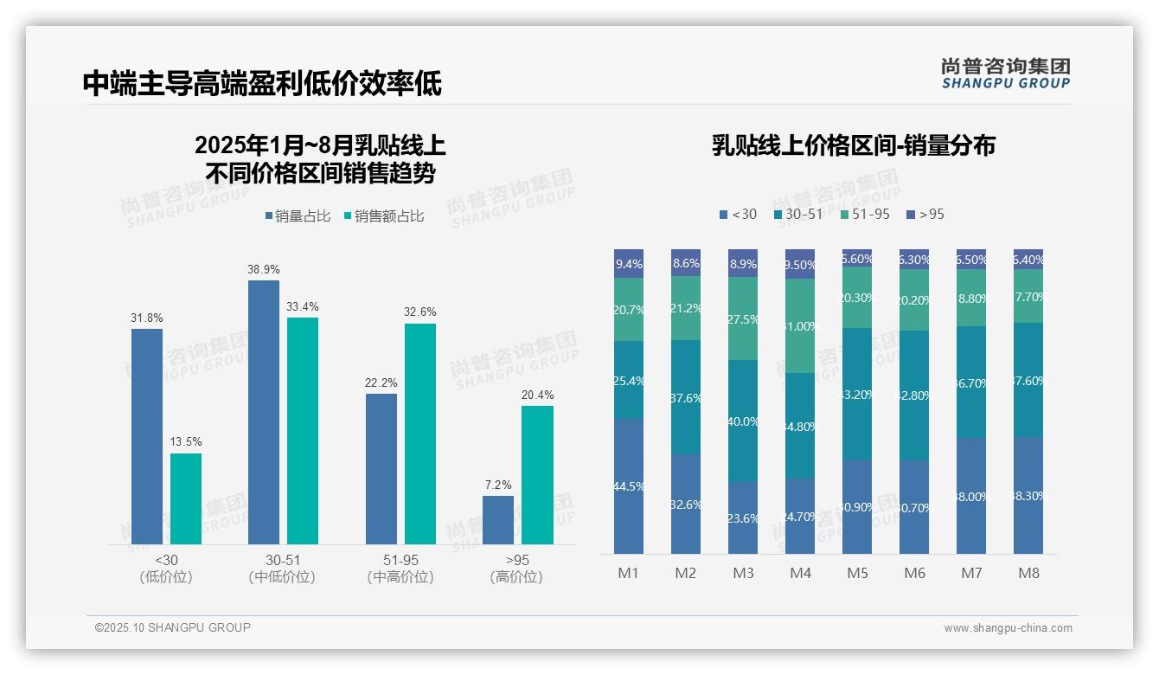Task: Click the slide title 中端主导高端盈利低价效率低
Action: (x=262, y=83)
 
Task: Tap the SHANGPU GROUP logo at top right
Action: (x=1005, y=74)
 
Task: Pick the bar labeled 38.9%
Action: (x=264, y=411)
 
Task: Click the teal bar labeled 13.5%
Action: (x=186, y=498)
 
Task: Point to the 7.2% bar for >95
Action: (x=497, y=519)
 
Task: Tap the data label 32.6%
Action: (x=419, y=312)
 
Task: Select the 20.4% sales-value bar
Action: (x=537, y=474)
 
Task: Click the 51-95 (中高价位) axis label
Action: (x=400, y=569)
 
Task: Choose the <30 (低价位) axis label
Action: (x=166, y=569)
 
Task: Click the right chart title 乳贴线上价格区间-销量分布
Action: (x=853, y=145)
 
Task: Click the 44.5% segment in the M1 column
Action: (x=629, y=485)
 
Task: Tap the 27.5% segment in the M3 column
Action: (x=743, y=318)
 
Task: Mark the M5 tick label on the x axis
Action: (x=857, y=573)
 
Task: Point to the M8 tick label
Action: (x=1028, y=573)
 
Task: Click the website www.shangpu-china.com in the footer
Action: (x=1008, y=628)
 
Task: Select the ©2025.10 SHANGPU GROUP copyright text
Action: (x=173, y=627)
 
